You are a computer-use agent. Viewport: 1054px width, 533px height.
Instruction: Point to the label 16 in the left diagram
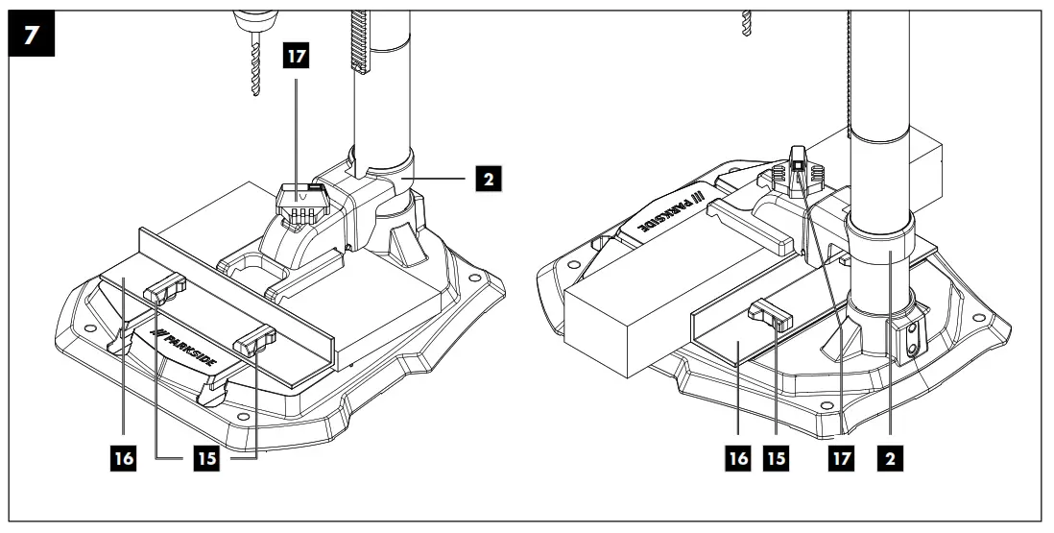point(123,459)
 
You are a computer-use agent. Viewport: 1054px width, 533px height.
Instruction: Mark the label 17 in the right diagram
point(842,459)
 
